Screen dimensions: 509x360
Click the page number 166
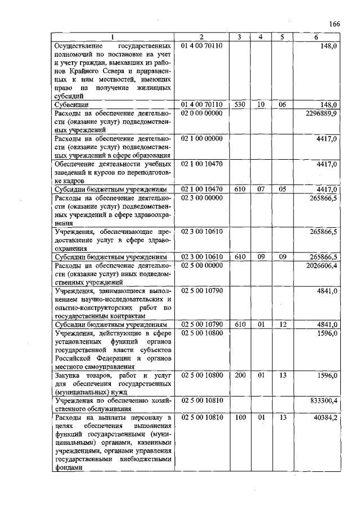(x=335, y=24)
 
